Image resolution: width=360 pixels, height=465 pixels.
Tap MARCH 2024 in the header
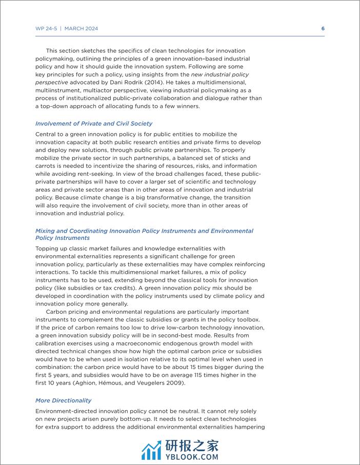pyautogui.click(x=81, y=29)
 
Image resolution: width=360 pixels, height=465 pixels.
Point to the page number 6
pyautogui.click(x=323, y=29)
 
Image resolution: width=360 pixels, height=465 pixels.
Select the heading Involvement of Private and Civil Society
pyautogui.click(x=94, y=124)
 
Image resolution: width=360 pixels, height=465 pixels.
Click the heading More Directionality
pyautogui.click(x=64, y=400)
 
